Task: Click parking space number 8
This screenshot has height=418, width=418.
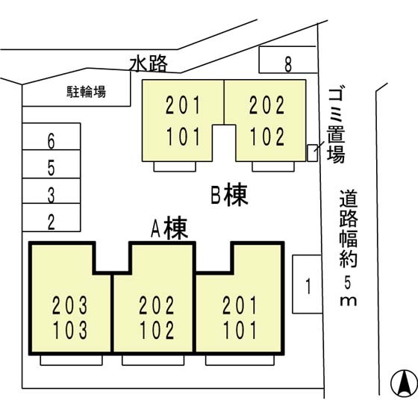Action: click(287, 65)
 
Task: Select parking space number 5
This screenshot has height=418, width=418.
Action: click(51, 166)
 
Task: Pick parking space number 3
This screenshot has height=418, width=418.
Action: click(51, 196)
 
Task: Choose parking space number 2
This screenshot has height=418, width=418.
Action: click(51, 220)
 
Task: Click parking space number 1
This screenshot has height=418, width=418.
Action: click(306, 286)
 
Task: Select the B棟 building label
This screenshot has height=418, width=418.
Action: click(228, 196)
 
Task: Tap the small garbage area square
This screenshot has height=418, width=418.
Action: click(312, 152)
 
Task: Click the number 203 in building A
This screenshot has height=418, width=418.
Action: click(70, 305)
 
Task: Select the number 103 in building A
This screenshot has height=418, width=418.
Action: click(70, 328)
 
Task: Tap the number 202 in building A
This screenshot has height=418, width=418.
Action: click(157, 305)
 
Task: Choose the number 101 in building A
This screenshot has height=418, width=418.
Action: click(240, 328)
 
